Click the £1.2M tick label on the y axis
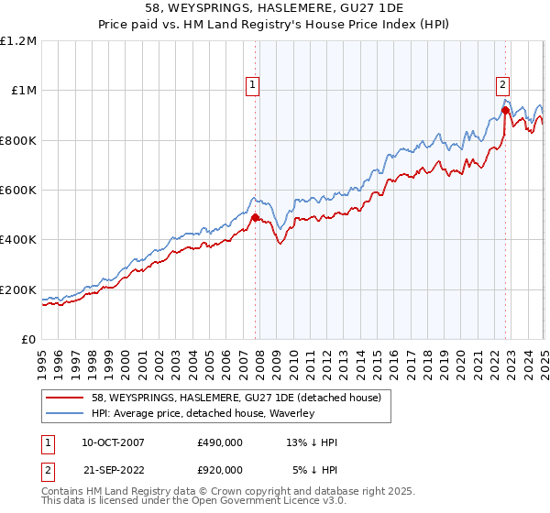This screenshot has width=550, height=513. [19, 41]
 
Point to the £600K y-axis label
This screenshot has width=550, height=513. [18, 191]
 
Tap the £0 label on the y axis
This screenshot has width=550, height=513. [29, 340]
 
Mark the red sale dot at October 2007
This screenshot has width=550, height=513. [256, 218]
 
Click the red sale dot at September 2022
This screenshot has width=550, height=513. [505, 110]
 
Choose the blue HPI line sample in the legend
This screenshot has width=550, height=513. [65, 413]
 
